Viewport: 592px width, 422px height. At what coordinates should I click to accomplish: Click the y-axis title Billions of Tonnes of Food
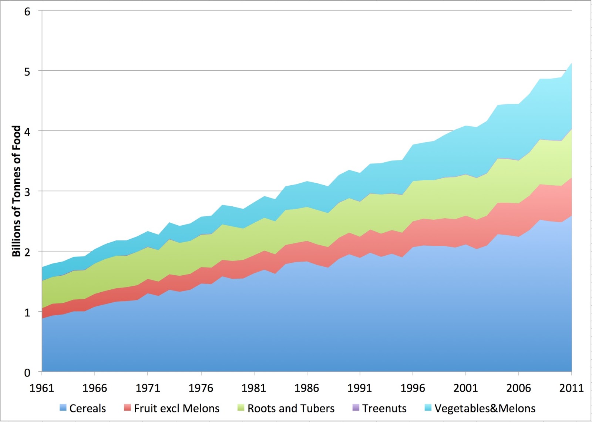16,191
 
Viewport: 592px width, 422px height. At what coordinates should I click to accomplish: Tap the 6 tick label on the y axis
27,11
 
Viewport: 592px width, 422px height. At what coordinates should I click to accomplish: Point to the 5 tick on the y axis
27,71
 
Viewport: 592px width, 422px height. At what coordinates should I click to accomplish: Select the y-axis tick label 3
27,192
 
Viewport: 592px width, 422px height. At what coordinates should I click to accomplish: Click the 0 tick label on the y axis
27,372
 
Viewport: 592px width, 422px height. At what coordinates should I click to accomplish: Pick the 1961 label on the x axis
42,388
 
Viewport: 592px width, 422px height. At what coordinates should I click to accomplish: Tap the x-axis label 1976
201,388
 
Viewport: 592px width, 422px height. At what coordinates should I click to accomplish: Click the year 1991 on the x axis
360,388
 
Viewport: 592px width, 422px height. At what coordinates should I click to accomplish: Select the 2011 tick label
571,388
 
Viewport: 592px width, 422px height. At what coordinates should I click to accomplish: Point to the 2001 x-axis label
465,388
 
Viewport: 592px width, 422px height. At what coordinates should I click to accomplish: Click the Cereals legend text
87,408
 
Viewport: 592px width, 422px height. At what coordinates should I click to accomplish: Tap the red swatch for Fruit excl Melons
127,408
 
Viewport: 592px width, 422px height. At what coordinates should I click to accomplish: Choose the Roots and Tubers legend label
291,408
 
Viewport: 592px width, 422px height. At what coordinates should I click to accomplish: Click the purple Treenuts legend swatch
356,408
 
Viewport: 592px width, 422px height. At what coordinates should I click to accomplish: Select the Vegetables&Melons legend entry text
485,408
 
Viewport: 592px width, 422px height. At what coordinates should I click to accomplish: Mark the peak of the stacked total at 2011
571,63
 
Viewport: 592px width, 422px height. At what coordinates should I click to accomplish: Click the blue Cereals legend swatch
63,408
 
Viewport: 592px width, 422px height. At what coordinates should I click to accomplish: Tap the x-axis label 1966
95,388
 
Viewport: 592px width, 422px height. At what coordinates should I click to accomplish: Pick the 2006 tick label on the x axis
518,388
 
